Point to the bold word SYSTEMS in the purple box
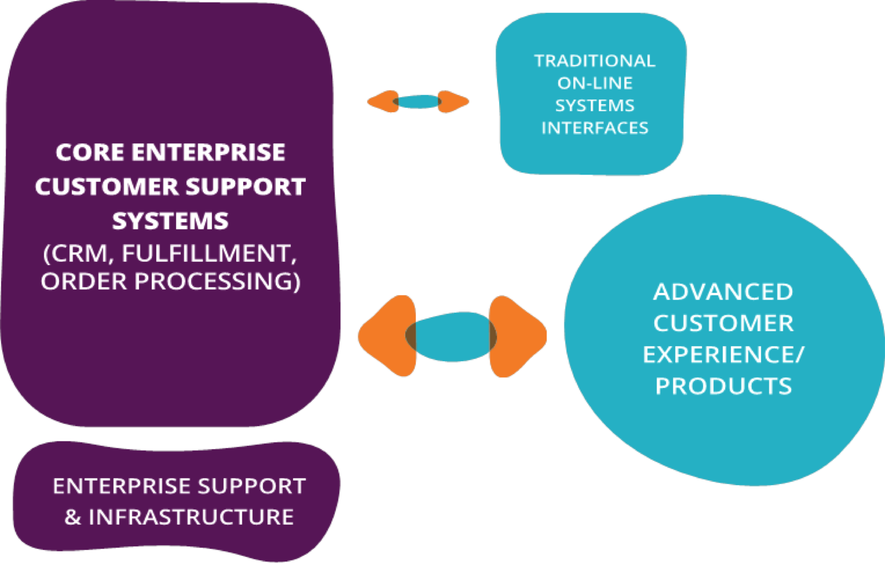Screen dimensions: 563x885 tap(170, 221)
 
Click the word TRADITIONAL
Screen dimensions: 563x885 tap(594, 61)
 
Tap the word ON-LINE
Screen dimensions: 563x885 tap(595, 83)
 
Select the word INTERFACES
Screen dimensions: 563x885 tap(595, 128)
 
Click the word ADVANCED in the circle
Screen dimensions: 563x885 tap(723, 292)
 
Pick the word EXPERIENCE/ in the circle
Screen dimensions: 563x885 tap(723, 355)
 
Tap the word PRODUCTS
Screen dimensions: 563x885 tap(723, 386)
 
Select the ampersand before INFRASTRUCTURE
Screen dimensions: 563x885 tap(72, 517)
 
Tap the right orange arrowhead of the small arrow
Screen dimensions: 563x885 tap(453, 102)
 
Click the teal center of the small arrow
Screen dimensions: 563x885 tap(418, 102)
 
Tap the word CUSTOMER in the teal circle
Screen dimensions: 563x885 tap(723, 323)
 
